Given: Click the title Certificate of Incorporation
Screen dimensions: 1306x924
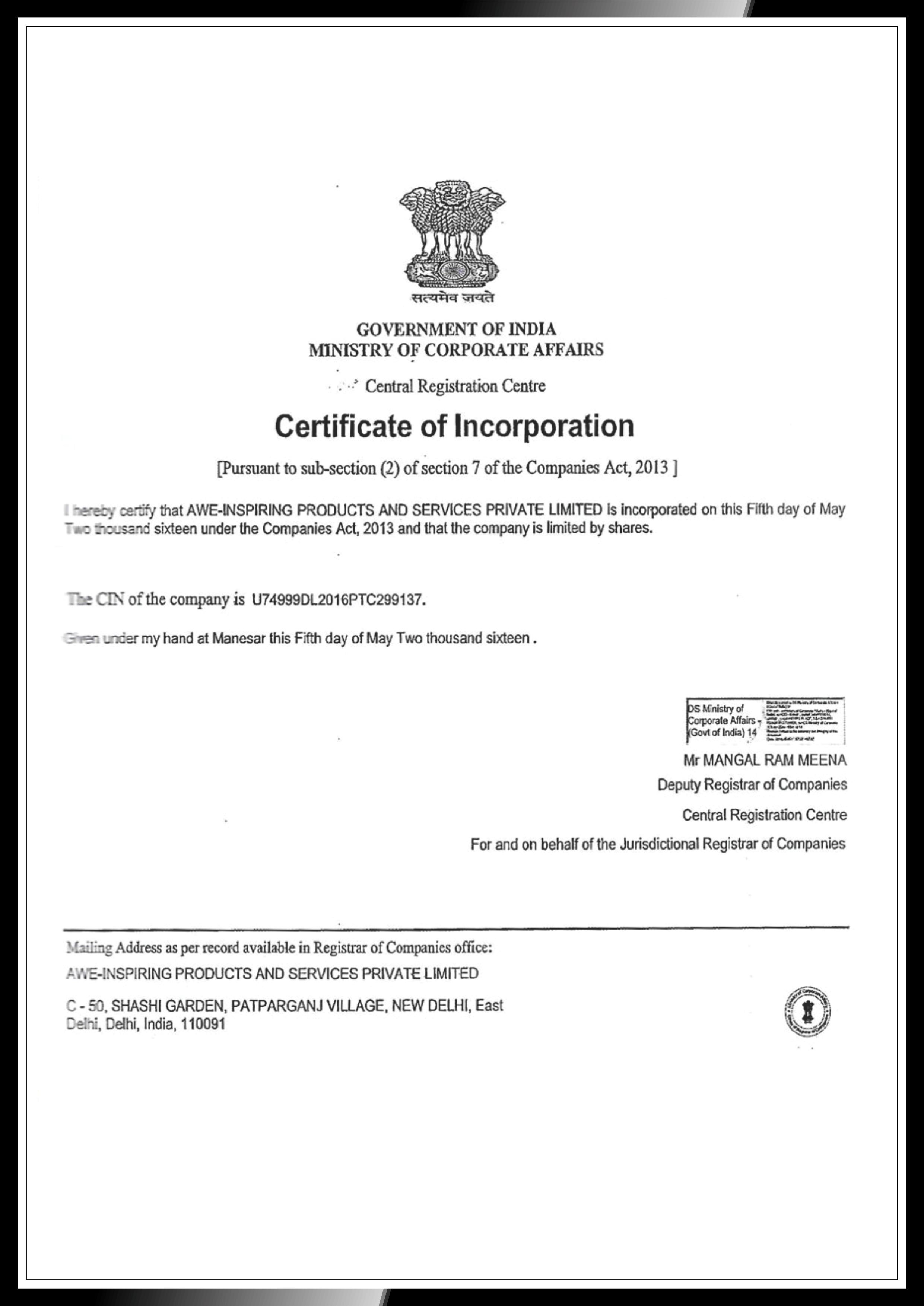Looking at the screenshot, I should (x=454, y=427).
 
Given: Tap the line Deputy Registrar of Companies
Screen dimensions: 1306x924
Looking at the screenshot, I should (x=752, y=785).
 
